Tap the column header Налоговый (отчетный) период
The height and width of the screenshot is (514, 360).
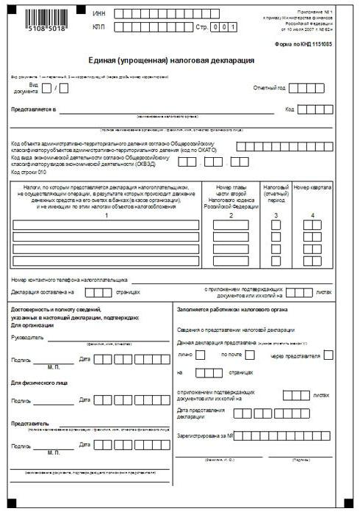276,192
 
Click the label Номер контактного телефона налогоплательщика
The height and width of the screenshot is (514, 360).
70,280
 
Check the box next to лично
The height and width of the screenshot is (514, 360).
201,355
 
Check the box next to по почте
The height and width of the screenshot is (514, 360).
250,355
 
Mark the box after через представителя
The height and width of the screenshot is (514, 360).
328,355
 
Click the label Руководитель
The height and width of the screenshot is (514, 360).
28,339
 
